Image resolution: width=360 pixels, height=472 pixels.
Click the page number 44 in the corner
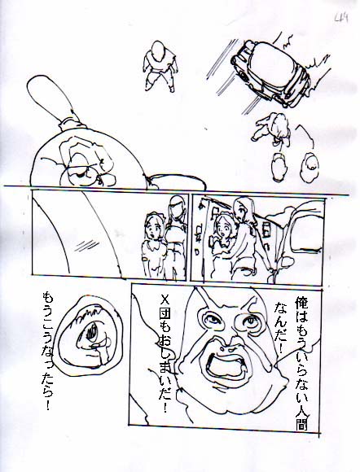(x=341, y=20)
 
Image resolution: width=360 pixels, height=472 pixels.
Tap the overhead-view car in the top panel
(x=270, y=74)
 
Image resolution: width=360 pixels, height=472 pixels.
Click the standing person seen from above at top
(x=160, y=66)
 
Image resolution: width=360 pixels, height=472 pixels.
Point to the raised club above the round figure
(x=51, y=99)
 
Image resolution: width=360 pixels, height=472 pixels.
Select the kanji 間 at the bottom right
(x=301, y=422)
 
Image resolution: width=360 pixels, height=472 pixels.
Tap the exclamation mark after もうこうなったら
(x=47, y=405)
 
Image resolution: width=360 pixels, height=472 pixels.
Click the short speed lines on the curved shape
(x=86, y=245)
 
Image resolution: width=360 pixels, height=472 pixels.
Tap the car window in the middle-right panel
(x=306, y=234)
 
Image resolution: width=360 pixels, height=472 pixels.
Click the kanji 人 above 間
(x=301, y=408)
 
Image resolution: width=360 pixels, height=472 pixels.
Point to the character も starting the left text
(x=48, y=298)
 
